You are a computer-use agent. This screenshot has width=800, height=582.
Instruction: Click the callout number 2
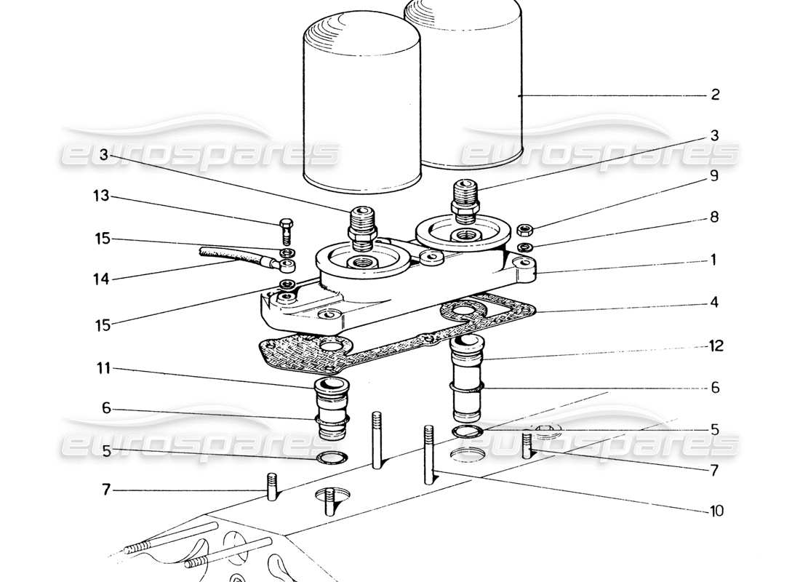click(715, 95)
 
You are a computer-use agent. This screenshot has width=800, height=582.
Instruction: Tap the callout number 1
click(713, 260)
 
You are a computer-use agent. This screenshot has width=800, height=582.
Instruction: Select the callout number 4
click(715, 301)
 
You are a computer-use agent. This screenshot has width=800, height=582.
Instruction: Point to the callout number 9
click(714, 175)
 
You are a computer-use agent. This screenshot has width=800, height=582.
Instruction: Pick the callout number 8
click(714, 216)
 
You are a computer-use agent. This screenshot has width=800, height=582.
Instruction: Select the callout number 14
click(102, 279)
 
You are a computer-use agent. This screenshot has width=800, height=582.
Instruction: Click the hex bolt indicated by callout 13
click(286, 228)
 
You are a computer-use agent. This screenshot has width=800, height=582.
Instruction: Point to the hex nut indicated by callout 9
click(524, 231)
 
